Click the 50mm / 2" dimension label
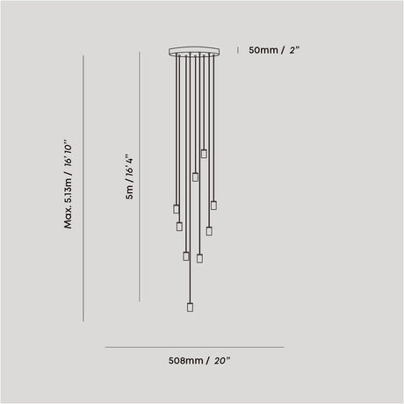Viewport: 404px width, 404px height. pos(274,50)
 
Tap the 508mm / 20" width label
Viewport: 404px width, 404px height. pos(199,361)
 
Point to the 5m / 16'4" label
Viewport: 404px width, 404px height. pos(129,177)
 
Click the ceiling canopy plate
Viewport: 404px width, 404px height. pos(194,51)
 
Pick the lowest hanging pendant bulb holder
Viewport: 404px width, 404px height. pos(190,307)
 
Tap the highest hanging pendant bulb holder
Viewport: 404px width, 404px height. pos(204,154)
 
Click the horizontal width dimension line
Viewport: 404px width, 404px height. pos(195,348)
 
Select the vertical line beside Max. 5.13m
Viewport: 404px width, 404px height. pos(83,188)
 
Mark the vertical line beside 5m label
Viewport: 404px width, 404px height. pos(140,177)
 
